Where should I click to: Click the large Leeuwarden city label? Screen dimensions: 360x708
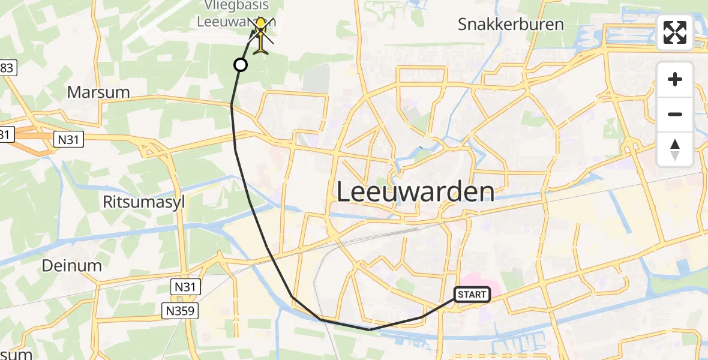tap(415, 192)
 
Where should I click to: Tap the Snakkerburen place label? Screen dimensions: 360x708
tap(511, 25)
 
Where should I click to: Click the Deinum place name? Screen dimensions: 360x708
tap(71, 266)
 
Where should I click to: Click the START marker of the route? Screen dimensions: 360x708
tap(473, 294)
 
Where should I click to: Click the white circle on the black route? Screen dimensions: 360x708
tap(240, 65)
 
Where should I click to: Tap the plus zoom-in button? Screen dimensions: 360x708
tap(675, 79)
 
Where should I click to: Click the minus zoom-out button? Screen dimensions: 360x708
tap(675, 114)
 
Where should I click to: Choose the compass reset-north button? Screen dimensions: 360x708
tap(675, 149)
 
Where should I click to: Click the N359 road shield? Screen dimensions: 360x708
tap(181, 310)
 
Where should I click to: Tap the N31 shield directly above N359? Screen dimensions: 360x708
tap(185, 287)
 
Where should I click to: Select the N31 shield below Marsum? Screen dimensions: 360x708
tap(70, 140)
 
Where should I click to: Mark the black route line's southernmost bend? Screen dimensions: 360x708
tap(369, 329)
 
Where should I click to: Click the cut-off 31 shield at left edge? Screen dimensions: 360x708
tap(5, 135)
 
